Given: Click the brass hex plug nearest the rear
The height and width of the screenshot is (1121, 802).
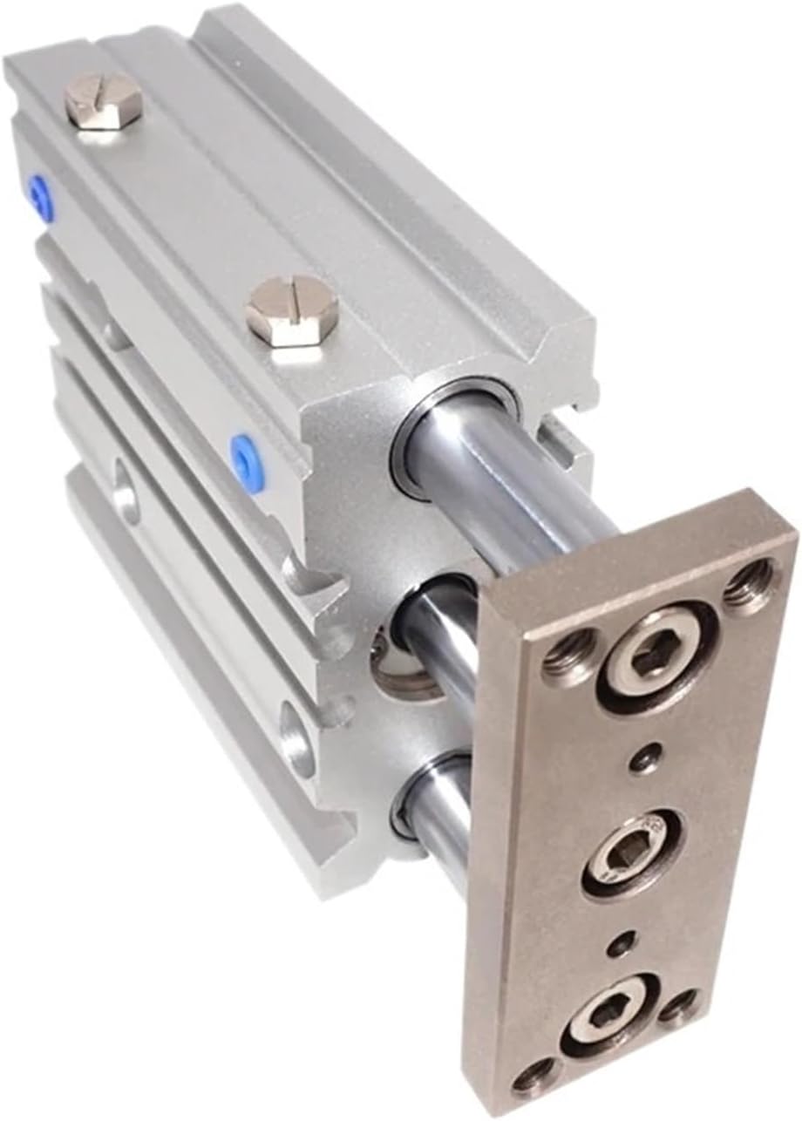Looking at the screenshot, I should coord(103,100).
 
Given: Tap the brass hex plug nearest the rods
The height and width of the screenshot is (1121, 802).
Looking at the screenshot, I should coord(291,309).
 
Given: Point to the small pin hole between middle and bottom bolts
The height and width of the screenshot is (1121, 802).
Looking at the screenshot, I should coord(621,944).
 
